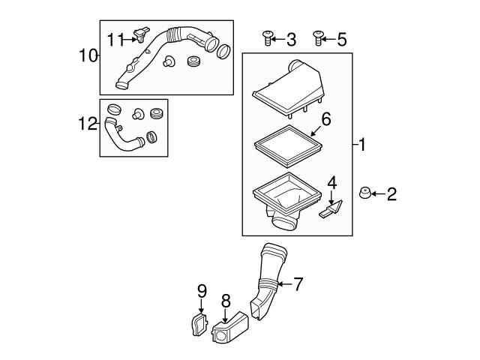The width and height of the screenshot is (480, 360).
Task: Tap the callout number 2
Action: (391, 195)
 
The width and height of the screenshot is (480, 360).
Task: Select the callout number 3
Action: (291, 39)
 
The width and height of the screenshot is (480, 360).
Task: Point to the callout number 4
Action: (331, 181)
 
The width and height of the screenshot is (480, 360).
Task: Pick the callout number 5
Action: (341, 39)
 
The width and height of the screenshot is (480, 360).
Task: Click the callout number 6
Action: (325, 118)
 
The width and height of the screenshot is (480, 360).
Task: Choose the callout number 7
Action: (298, 284)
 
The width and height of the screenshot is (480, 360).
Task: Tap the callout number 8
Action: (224, 300)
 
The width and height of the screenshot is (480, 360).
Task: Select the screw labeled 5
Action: (318, 38)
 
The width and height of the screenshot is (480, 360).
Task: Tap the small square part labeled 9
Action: (196, 325)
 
